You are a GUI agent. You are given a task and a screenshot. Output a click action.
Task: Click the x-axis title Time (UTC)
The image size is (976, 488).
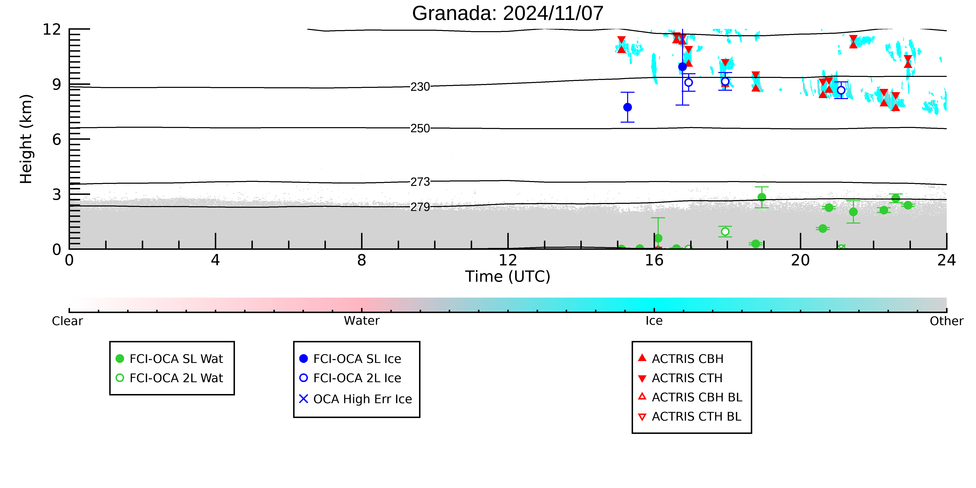point(508,277)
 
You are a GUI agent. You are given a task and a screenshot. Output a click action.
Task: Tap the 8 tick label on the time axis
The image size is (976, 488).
point(362,260)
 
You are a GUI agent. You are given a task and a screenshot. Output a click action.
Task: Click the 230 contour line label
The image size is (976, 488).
point(420,87)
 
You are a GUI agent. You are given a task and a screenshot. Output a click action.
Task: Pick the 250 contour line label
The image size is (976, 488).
point(420,128)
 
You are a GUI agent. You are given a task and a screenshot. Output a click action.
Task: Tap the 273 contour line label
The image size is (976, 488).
point(420,182)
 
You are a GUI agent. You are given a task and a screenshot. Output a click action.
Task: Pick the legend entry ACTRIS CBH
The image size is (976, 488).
point(681,359)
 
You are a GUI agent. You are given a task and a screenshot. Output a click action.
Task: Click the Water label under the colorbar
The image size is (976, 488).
point(362,321)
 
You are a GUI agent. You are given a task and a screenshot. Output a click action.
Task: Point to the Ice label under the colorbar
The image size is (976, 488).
point(654,321)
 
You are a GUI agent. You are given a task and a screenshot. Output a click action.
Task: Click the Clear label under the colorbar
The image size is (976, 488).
point(68,321)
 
